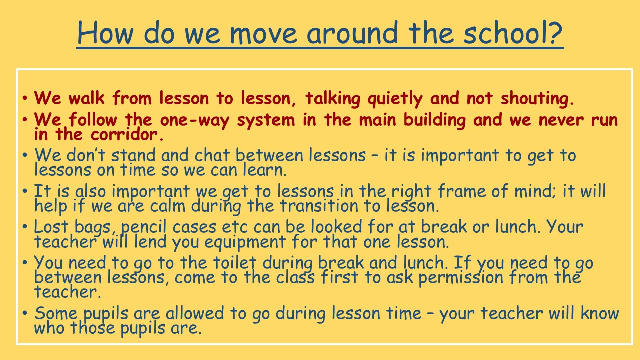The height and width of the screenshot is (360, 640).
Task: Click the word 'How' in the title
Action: point(105,32)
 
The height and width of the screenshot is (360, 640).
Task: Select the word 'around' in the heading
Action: point(352,32)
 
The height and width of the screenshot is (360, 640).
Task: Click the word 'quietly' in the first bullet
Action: point(395,99)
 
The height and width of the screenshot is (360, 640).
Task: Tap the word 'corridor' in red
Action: point(124,134)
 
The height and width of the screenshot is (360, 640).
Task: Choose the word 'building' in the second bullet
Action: point(435,120)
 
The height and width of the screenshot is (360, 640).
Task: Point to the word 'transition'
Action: point(319,206)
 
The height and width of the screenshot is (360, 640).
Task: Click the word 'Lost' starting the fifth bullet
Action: point(51,227)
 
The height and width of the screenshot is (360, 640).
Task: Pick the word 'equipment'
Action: point(245,243)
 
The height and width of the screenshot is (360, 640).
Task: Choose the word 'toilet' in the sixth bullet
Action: point(235,263)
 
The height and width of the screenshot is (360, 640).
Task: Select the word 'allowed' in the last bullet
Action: point(195,313)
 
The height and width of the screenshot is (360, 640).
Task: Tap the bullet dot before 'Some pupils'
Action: point(25,313)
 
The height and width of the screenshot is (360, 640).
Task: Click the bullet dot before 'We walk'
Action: point(25,98)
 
